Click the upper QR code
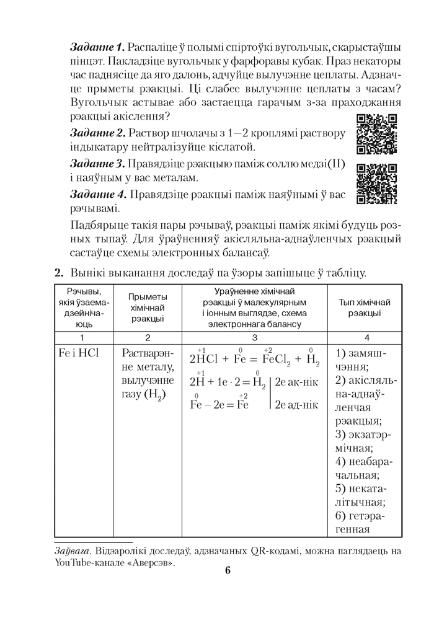377,135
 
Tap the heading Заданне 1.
98,47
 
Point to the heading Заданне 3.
98,164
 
